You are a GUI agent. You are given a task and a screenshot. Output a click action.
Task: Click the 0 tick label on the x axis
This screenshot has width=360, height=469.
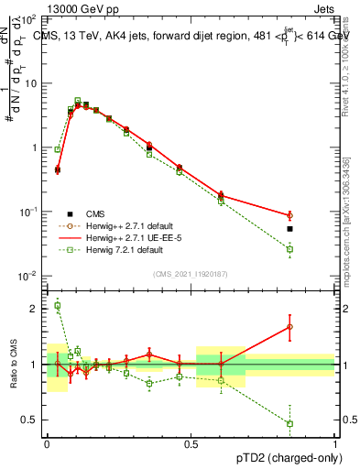tap(48, 444)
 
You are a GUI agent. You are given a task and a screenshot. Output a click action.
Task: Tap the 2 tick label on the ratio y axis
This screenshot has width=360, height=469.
tap(37, 309)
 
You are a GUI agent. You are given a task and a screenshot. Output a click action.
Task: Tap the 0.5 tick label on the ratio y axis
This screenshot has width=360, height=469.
tap(32, 420)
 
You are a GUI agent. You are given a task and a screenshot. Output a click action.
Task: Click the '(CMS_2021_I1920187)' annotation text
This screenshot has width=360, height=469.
tap(190, 274)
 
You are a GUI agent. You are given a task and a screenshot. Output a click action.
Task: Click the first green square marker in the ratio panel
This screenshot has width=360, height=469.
tap(58, 306)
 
